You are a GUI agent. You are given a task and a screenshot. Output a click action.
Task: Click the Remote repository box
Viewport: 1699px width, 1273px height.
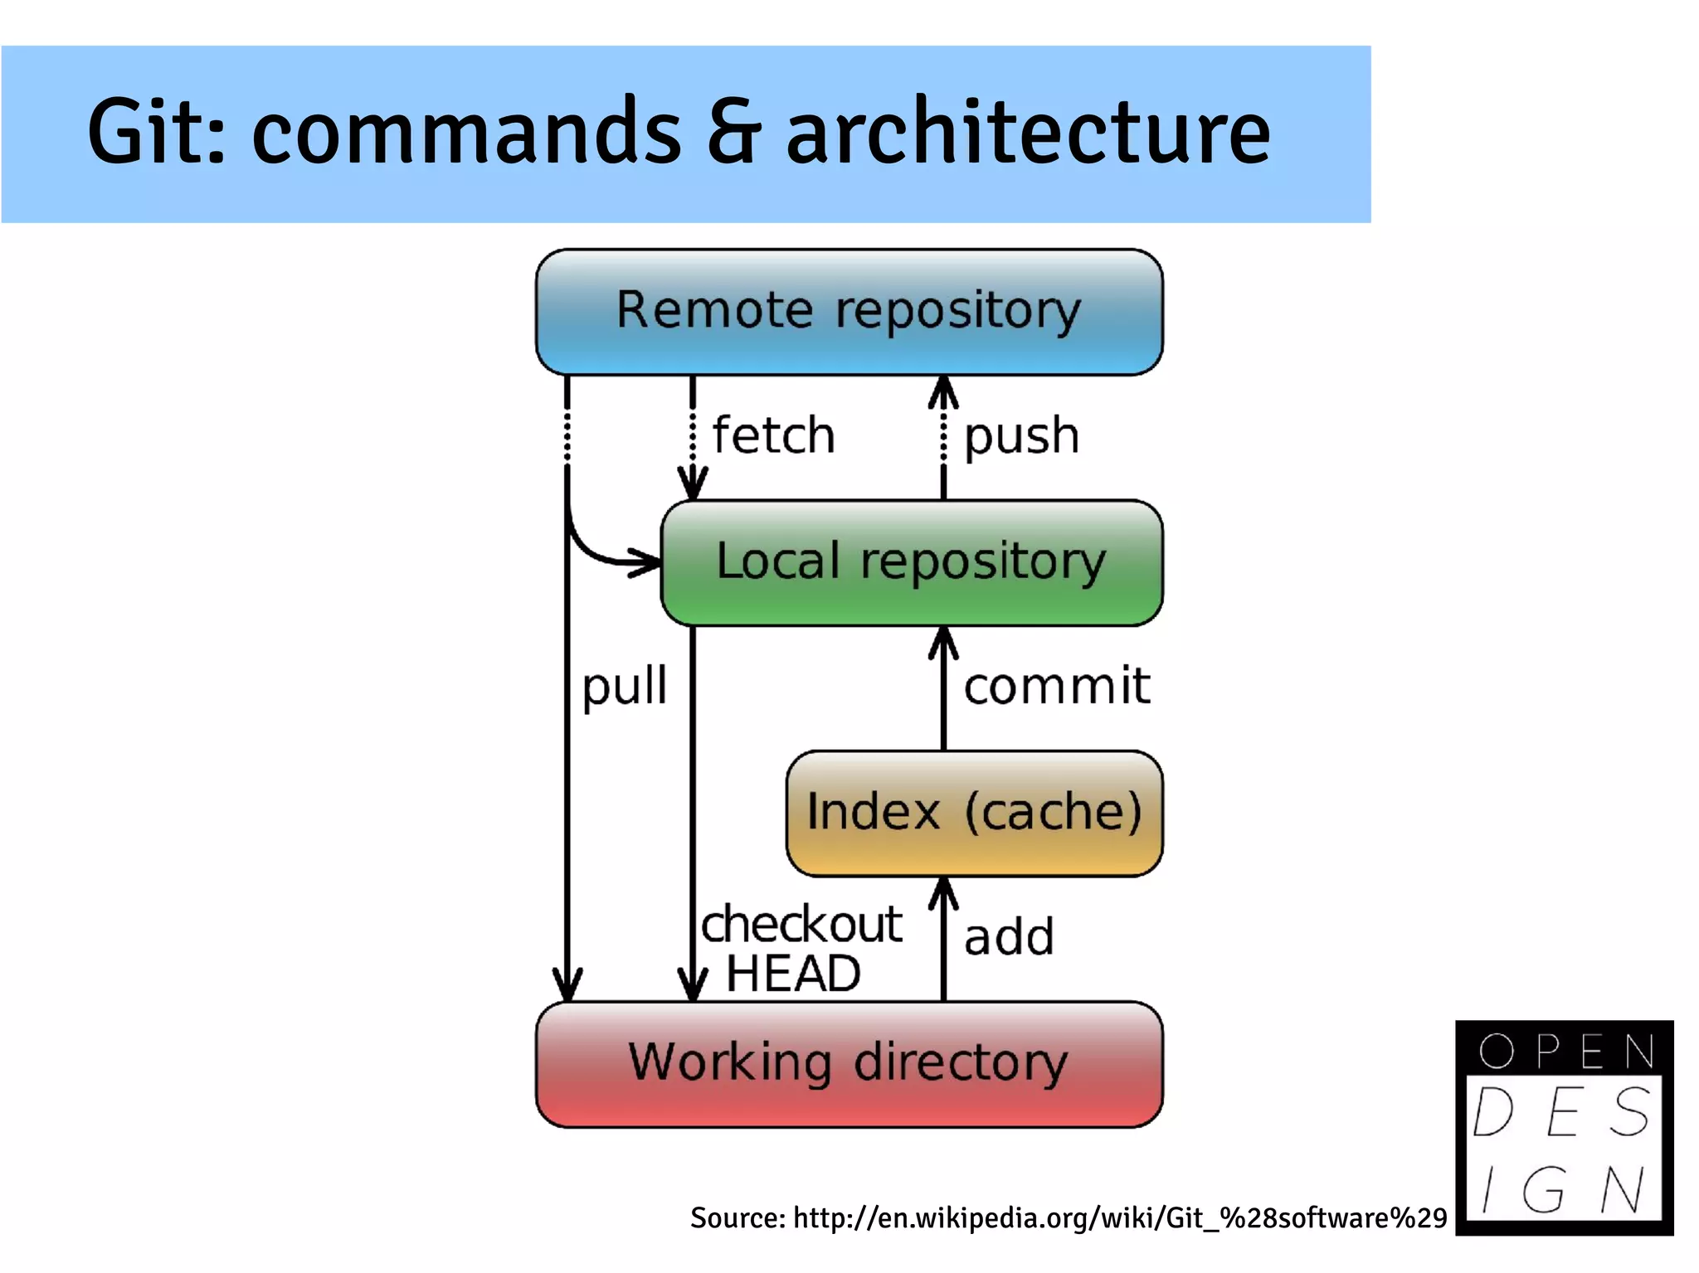pos(849,312)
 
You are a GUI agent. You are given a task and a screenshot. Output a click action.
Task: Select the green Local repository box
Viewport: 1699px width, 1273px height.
pos(911,562)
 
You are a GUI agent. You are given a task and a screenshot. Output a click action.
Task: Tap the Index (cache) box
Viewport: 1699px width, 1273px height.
pos(974,813)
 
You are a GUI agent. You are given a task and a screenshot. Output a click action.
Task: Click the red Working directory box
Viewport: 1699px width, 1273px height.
pos(849,1064)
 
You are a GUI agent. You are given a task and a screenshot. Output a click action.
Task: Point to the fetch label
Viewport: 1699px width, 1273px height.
pos(773,435)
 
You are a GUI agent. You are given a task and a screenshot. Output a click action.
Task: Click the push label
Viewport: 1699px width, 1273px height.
pos(1021,435)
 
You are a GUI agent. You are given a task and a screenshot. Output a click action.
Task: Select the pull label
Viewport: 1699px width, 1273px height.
pos(624,687)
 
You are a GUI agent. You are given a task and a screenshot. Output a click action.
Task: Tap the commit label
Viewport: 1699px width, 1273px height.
pos(1057,687)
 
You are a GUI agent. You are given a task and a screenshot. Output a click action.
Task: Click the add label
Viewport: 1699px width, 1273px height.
pos(1009,937)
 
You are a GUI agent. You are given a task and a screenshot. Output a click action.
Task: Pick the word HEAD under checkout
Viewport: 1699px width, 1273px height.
pos(793,974)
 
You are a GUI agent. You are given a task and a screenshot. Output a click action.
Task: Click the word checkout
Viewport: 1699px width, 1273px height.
pos(801,924)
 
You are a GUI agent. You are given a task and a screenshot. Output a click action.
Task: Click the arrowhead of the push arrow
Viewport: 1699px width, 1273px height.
pos(943,390)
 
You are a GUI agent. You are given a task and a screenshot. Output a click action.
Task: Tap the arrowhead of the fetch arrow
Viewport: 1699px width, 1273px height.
pos(693,485)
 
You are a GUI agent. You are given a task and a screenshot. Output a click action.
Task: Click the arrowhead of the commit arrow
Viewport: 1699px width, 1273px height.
pos(943,641)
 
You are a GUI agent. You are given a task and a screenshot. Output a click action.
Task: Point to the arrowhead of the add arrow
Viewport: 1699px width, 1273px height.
pos(943,892)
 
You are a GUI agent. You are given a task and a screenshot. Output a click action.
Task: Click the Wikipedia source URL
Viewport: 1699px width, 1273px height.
pos(1120,1217)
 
